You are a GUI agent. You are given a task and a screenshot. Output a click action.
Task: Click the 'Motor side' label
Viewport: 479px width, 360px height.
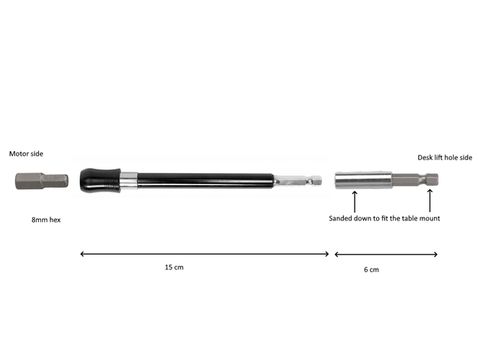coord(26,154)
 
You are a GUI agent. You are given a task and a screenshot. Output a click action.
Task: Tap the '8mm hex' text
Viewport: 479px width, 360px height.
coord(46,220)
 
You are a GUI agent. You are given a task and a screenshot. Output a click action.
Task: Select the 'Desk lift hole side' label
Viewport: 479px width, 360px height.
coord(445,158)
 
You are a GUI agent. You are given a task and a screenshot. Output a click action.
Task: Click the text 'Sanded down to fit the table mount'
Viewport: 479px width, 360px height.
coord(384,218)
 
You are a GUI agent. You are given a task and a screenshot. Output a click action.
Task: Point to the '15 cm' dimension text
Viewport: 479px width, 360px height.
coord(174,268)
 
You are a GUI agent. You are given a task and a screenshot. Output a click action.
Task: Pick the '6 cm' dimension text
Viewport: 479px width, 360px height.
coord(371,269)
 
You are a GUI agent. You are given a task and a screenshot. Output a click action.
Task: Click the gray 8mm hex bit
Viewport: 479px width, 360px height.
coord(42,181)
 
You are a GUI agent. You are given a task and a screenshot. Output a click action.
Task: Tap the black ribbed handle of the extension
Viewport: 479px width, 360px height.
coord(100,180)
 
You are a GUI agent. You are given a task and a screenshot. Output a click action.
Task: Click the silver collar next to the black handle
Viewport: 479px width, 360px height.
coord(129,181)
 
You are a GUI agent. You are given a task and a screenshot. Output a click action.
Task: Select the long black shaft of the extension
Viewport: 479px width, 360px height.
coord(205,181)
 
